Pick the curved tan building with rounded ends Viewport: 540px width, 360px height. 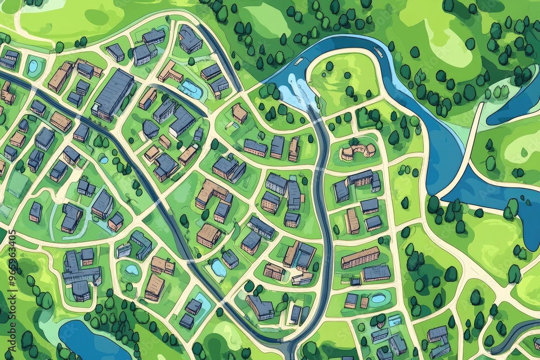click(x=357, y=151)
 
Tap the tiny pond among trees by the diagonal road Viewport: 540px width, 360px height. click(x=104, y=160)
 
